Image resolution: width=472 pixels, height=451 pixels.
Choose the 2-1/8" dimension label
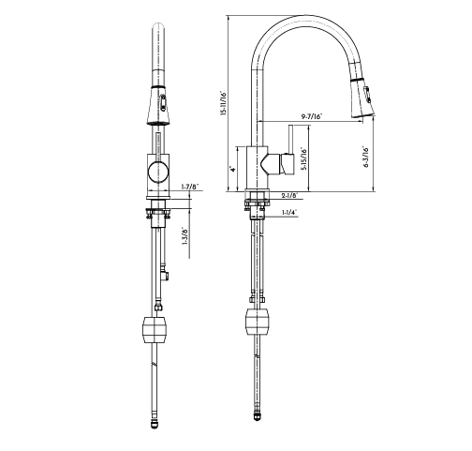(290, 195)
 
